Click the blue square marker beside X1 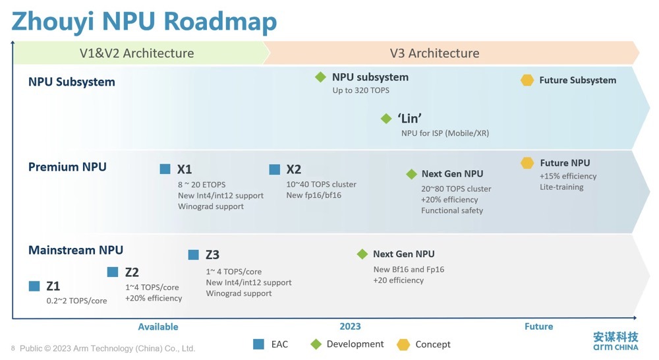click(x=165, y=169)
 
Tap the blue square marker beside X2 click(x=274, y=169)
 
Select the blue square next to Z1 click(x=34, y=286)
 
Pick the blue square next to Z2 click(x=113, y=272)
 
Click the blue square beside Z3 click(x=193, y=255)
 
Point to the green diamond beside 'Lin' click(x=386, y=119)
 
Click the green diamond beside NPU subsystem click(x=321, y=77)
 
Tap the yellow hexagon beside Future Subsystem click(x=527, y=80)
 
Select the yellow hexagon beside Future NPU click(x=527, y=163)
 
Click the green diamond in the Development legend click(x=316, y=344)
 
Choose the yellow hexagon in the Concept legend click(x=403, y=344)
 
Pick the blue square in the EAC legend click(x=258, y=344)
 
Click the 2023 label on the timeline click(x=350, y=326)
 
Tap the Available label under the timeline click(x=158, y=327)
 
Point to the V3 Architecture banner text click(x=434, y=53)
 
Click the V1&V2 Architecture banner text click(x=136, y=53)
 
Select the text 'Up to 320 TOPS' click(x=361, y=90)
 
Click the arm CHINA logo click(x=616, y=341)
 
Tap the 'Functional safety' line click(x=452, y=210)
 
